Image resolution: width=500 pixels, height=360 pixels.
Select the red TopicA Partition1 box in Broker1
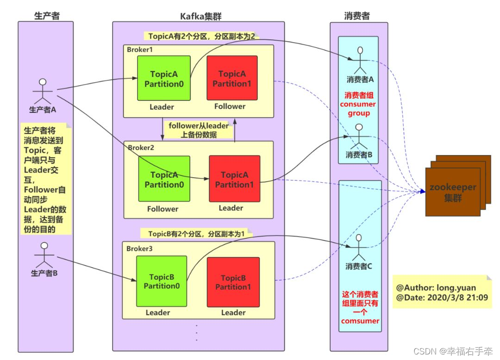(x=232, y=78)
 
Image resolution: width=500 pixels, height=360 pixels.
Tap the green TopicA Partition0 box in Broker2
(x=164, y=179)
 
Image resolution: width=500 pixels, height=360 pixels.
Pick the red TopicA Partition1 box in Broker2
(x=234, y=179)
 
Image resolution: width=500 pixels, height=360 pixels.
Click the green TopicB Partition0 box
(x=162, y=281)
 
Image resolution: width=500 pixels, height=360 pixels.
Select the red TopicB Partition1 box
(x=232, y=282)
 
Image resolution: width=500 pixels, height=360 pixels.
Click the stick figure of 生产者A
(x=43, y=91)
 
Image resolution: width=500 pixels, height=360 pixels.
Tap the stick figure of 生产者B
(x=44, y=254)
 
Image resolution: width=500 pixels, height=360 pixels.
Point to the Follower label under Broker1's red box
(x=230, y=106)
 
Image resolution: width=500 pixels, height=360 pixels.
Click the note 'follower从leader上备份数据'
(x=199, y=130)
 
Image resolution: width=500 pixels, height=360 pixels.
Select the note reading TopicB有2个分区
(x=196, y=234)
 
